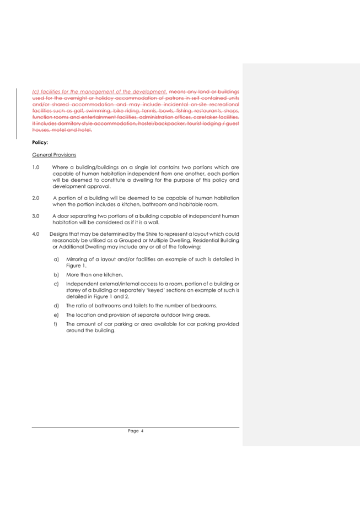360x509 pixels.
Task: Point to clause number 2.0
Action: (x=36, y=197)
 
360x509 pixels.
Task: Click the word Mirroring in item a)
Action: (x=77, y=259)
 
